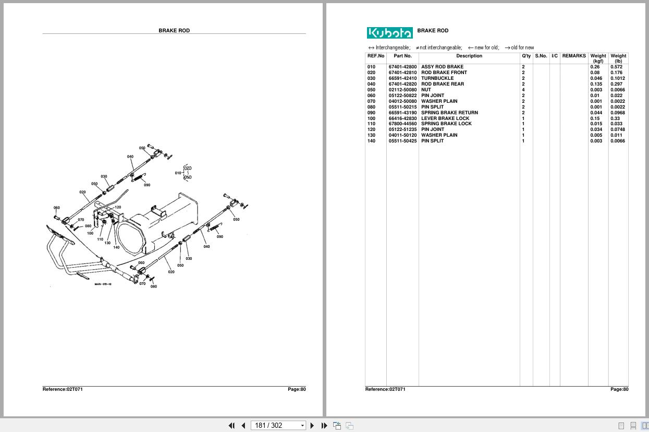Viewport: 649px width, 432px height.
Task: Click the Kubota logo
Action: click(389, 33)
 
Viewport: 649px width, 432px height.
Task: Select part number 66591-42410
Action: click(402, 78)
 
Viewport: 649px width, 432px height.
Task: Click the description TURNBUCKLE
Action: click(437, 78)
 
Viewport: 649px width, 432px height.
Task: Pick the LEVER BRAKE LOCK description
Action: click(445, 118)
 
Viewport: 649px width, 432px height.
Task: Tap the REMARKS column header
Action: click(574, 56)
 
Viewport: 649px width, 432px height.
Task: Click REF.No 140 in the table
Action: click(371, 141)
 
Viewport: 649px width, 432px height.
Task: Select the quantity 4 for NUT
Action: click(523, 90)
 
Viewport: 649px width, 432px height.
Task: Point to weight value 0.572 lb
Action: click(617, 67)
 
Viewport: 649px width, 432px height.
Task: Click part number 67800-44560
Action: click(402, 124)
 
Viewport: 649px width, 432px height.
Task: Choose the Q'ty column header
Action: click(526, 56)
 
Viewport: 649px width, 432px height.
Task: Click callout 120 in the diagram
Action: click(118, 207)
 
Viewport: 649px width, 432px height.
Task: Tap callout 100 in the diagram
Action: click(90, 233)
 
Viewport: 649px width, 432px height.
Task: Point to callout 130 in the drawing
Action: click(107, 243)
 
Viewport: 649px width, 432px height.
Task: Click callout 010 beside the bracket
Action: click(178, 173)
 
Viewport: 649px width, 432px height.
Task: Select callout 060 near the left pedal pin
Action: click(56, 208)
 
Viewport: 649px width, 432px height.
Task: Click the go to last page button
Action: click(324, 425)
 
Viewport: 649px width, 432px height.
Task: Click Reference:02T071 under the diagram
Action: click(63, 389)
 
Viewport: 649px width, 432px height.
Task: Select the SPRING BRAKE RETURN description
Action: click(449, 113)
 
